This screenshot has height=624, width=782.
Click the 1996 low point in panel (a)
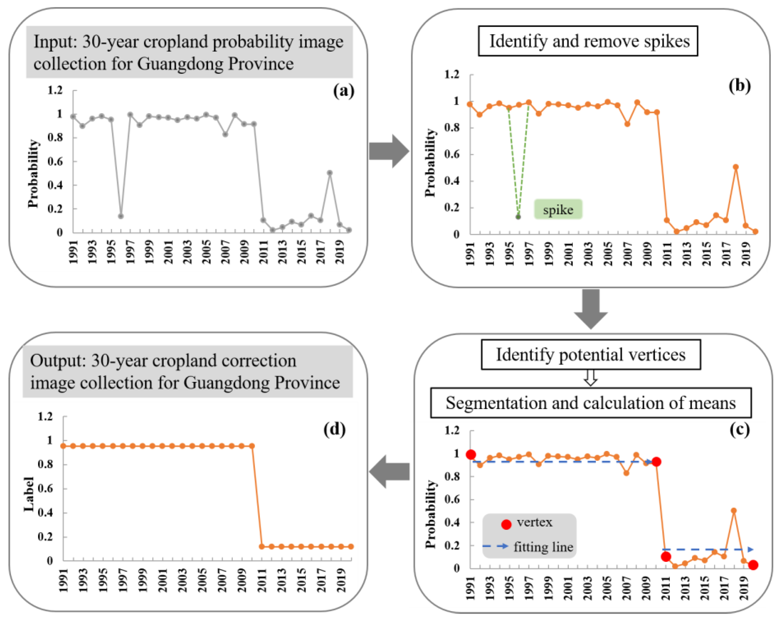pos(121,216)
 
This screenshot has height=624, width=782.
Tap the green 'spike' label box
pos(558,209)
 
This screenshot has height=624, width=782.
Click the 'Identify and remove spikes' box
pos(588,41)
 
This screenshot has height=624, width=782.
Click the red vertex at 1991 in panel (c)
pos(471,455)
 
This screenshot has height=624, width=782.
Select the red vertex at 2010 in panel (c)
pos(656,462)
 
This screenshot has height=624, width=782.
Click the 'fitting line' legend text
pos(543,547)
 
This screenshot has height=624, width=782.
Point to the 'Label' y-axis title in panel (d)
pos(29,494)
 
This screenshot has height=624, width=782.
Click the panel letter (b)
pos(739,86)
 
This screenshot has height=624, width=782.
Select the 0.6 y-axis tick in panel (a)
pos(55,162)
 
